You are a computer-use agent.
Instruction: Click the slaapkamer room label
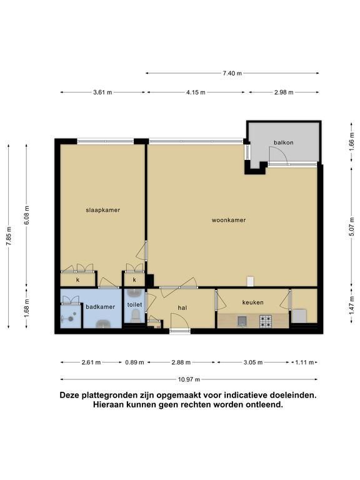(x=103, y=210)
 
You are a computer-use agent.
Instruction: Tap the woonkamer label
(x=229, y=220)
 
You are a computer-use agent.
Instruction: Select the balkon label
(x=284, y=142)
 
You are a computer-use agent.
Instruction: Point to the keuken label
(x=253, y=302)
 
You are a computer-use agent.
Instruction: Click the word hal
(x=182, y=307)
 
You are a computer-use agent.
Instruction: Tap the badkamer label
(x=101, y=307)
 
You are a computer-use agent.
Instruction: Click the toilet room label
(x=135, y=304)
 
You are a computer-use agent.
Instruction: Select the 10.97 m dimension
(x=189, y=379)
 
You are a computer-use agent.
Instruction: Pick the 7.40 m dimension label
(x=232, y=73)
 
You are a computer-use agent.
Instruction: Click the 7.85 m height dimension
(x=9, y=236)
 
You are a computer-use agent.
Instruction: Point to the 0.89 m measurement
(x=135, y=362)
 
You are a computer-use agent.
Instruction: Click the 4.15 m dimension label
(x=196, y=92)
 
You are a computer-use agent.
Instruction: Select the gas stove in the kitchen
(x=266, y=321)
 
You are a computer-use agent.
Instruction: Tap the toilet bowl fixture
(x=135, y=315)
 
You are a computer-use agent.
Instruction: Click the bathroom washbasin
(x=104, y=324)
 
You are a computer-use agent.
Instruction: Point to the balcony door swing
(x=278, y=155)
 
